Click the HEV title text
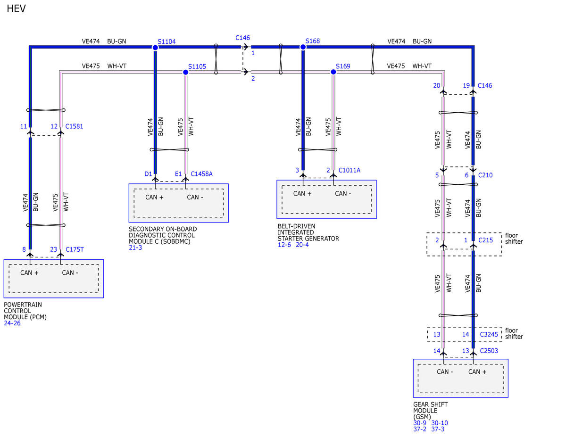click(x=16, y=8)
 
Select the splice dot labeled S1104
click(x=155, y=47)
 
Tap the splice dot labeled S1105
click(x=185, y=72)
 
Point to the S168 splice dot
click(x=303, y=47)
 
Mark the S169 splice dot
click(x=333, y=72)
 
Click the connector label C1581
click(x=74, y=126)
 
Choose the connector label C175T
click(x=75, y=249)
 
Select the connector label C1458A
click(x=201, y=174)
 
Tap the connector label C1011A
click(x=350, y=170)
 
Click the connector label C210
click(x=485, y=175)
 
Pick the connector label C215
click(x=485, y=240)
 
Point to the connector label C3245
click(x=489, y=334)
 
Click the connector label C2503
click(x=489, y=351)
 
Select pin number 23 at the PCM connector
click(x=53, y=249)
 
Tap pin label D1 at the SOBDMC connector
click(x=148, y=174)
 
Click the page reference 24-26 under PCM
click(x=12, y=323)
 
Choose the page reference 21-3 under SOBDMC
click(x=135, y=247)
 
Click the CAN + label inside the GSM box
click(x=477, y=371)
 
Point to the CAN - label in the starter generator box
click(x=343, y=193)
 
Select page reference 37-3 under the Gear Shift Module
click(x=438, y=429)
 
